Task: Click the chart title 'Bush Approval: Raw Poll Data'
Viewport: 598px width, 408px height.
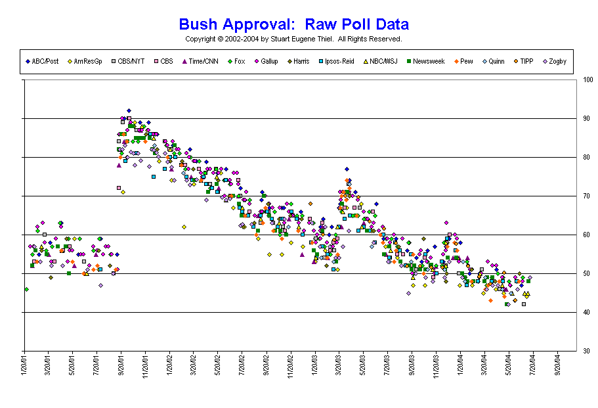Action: click(x=293, y=25)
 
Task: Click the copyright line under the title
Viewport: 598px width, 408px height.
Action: click(x=293, y=39)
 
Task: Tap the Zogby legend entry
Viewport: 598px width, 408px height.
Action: click(x=555, y=61)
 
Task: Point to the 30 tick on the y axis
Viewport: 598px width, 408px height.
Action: click(x=586, y=351)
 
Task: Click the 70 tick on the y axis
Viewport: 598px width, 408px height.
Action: click(x=586, y=196)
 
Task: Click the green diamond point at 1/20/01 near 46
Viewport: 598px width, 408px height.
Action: click(x=26, y=289)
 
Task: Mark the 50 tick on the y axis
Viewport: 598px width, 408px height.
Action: click(x=586, y=274)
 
